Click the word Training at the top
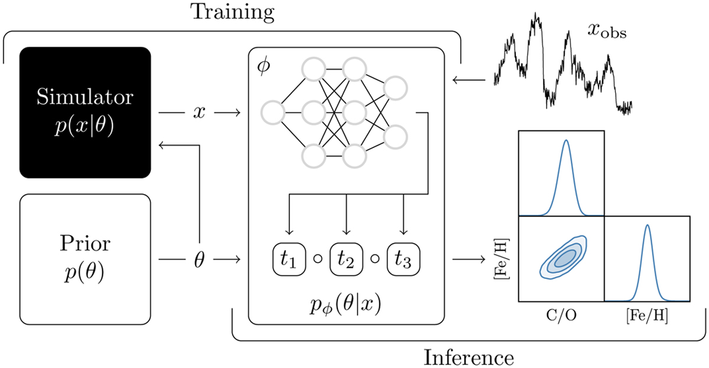232,12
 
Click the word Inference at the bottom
469,358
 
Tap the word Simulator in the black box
85,97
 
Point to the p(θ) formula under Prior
84,272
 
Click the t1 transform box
289,259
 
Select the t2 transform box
346,259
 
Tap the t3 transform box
404,259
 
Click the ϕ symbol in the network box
264,67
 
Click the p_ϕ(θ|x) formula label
345,305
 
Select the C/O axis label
561,315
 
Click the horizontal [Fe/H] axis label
648,316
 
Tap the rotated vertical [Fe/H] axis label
502,259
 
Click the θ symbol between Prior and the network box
199,260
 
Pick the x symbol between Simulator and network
199,113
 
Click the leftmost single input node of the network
273,113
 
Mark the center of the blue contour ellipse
564,258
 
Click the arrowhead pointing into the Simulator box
161,145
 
